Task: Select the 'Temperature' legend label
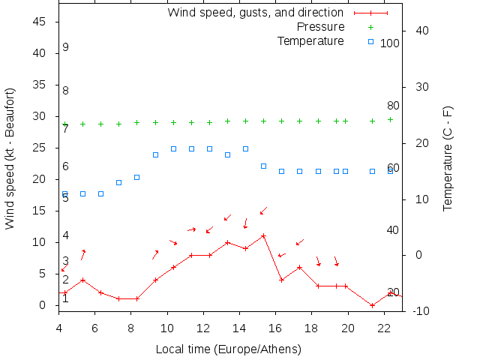(310, 40)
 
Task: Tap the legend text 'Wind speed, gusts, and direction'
(255, 12)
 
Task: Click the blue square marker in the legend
(370, 41)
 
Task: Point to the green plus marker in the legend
(370, 27)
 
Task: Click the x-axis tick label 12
(203, 327)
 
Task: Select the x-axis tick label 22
(384, 327)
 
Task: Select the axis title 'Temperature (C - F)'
(448, 158)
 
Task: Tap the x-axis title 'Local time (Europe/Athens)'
(229, 349)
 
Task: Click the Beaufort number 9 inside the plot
(66, 47)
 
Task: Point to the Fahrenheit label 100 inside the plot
(390, 43)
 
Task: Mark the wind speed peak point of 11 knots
(263, 236)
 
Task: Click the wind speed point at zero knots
(372, 305)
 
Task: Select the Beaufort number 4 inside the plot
(66, 235)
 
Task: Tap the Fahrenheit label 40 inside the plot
(393, 229)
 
